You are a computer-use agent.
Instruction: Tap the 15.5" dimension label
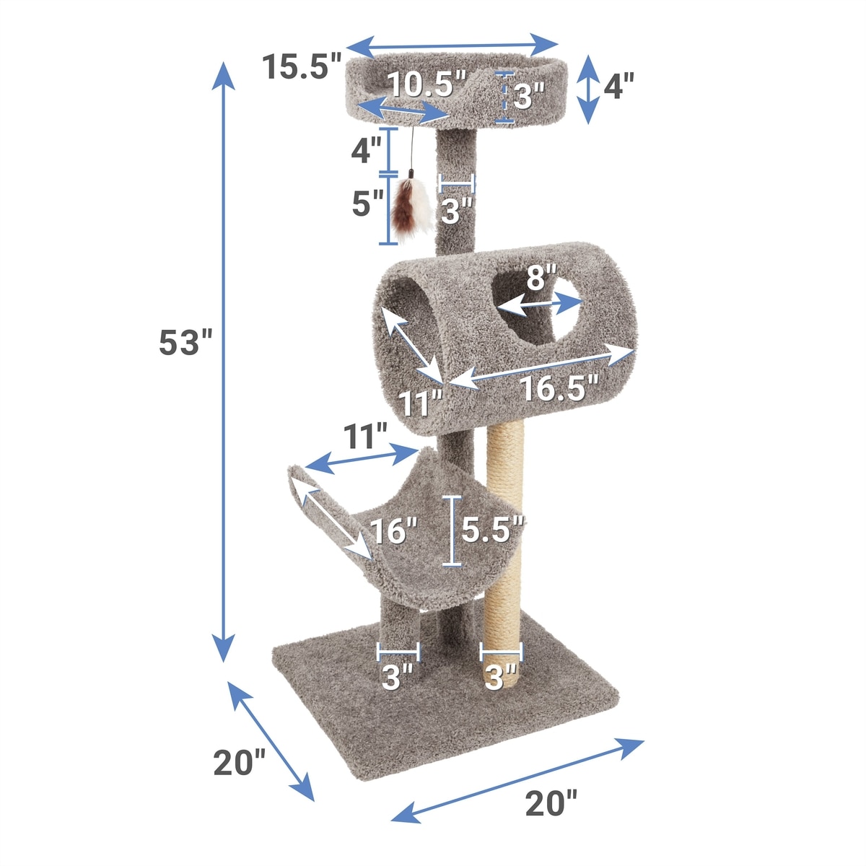coord(302,66)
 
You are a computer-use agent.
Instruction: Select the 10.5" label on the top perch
coord(427,84)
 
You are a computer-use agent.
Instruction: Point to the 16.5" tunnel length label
coord(559,388)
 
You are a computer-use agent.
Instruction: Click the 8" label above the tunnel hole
coord(541,277)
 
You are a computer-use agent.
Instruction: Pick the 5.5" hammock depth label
coord(493,530)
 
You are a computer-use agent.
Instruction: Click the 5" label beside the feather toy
coord(367,203)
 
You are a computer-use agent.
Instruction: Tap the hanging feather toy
coord(411,204)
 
